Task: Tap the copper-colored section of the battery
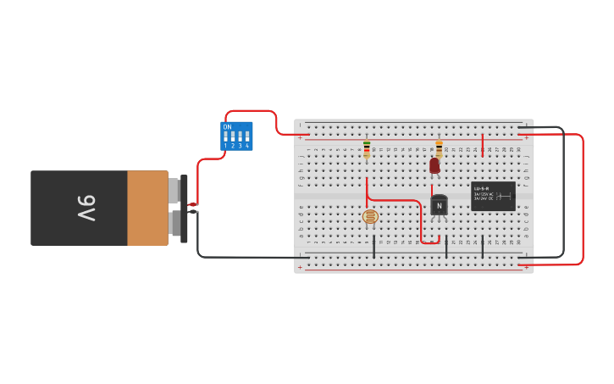(x=147, y=208)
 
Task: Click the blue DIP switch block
(x=236, y=136)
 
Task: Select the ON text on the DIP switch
(x=227, y=127)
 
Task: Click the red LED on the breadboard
(x=434, y=165)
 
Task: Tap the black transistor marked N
(x=439, y=205)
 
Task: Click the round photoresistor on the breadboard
(x=370, y=217)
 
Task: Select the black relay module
(x=493, y=196)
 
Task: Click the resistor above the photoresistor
(x=367, y=149)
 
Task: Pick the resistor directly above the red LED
(x=439, y=149)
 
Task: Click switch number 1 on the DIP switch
(x=225, y=136)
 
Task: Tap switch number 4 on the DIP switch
(x=247, y=136)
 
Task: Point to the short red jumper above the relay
(x=483, y=144)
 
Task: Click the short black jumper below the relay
(x=483, y=248)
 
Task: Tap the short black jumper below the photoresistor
(x=373, y=247)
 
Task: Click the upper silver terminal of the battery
(x=174, y=191)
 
